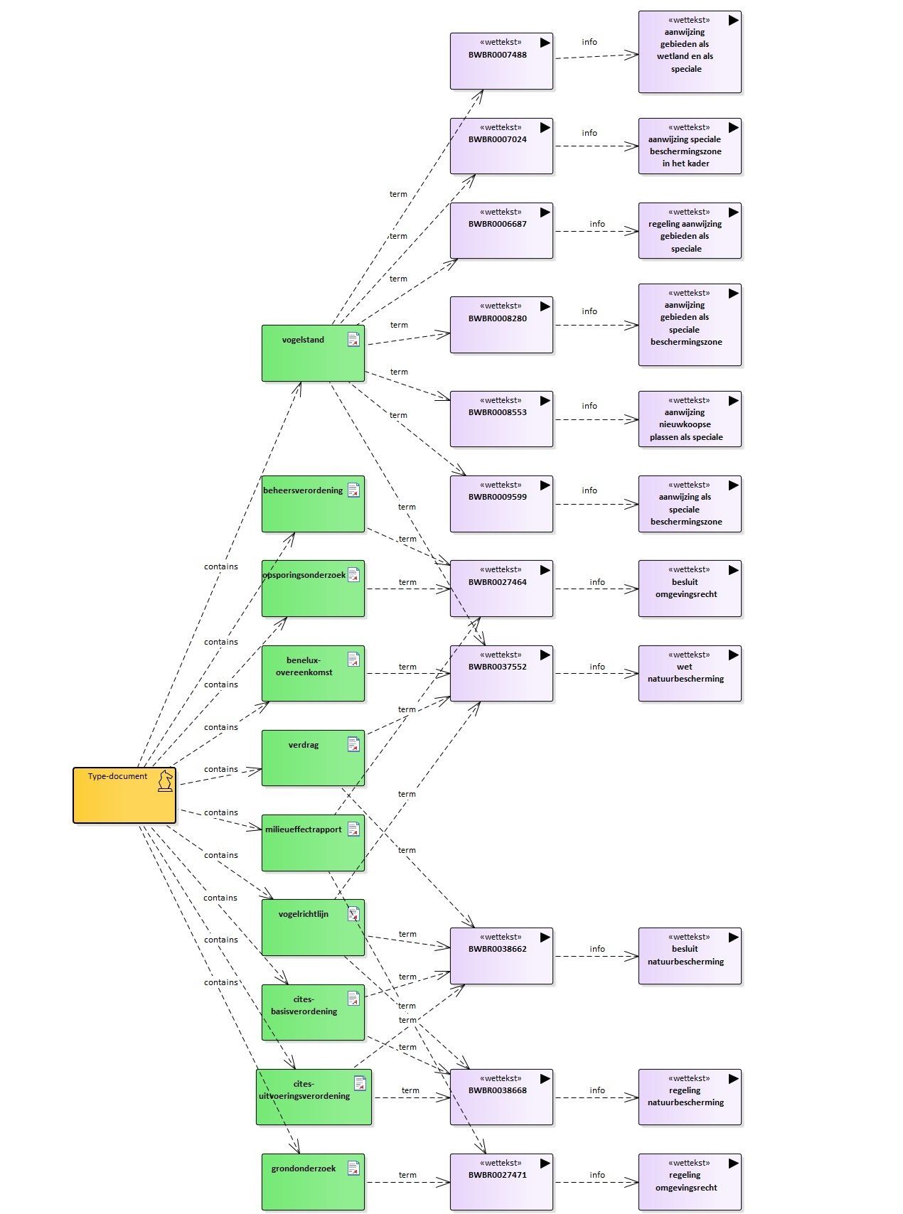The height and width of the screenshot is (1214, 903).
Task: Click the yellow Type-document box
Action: pyautogui.click(x=124, y=795)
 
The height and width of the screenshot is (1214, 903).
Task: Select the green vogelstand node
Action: pyautogui.click(x=313, y=353)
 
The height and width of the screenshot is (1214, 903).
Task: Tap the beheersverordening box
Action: pyautogui.click(x=313, y=504)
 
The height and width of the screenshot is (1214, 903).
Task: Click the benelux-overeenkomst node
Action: pyautogui.click(x=313, y=673)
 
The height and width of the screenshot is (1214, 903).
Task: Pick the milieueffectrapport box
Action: pyautogui.click(x=313, y=843)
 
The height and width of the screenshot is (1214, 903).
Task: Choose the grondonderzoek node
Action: pyautogui.click(x=313, y=1182)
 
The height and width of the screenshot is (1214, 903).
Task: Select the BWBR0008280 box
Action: pyautogui.click(x=501, y=325)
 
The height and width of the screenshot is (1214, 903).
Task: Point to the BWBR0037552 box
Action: pyautogui.click(x=501, y=673)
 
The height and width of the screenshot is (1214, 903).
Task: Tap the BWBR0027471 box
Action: pyautogui.click(x=501, y=1182)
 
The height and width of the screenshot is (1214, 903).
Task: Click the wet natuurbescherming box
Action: pyautogui.click(x=690, y=673)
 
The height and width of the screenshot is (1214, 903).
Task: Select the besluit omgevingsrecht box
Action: pyautogui.click(x=690, y=589)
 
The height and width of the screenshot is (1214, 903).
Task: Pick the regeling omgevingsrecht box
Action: pyautogui.click(x=690, y=1182)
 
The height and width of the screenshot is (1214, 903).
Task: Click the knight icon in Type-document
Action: pyautogui.click(x=165, y=780)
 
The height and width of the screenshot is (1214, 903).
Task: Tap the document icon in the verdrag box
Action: pyautogui.click(x=353, y=744)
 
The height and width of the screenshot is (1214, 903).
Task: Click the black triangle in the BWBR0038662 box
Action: pyautogui.click(x=545, y=937)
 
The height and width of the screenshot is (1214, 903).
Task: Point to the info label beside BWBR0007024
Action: pyautogui.click(x=589, y=133)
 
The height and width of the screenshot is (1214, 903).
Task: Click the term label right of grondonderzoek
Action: pyautogui.click(x=407, y=1175)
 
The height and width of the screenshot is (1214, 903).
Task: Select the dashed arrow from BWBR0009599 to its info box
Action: pyautogui.click(x=597, y=505)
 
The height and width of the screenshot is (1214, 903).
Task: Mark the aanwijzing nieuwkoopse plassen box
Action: pyautogui.click(x=690, y=419)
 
